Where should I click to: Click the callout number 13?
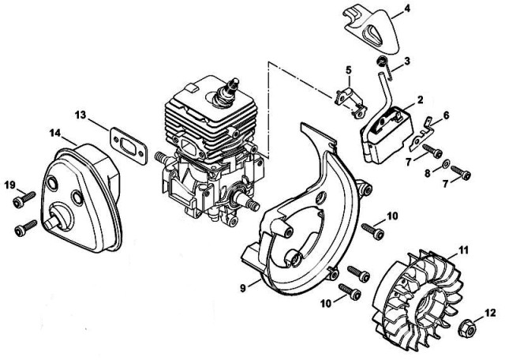(x=80, y=114)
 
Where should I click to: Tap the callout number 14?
(x=55, y=133)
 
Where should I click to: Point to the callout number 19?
(x=10, y=185)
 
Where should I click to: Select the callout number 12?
(x=491, y=313)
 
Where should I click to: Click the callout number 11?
(x=464, y=249)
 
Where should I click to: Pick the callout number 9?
(x=243, y=288)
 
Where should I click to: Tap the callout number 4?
(x=407, y=9)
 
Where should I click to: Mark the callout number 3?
(x=407, y=61)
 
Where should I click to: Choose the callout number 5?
(x=349, y=70)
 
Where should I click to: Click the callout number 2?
(x=421, y=100)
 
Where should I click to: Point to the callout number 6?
(x=447, y=115)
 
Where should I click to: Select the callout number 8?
(x=428, y=174)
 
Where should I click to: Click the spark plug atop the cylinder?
(x=226, y=91)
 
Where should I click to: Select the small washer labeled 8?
(x=447, y=164)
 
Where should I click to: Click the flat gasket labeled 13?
(x=129, y=146)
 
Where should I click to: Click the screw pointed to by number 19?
(x=24, y=199)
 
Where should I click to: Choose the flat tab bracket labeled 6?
(x=421, y=134)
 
